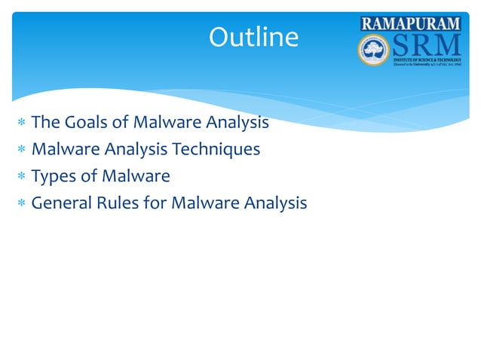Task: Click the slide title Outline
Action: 253,37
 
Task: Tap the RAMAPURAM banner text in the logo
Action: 410,23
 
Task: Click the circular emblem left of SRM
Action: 372,50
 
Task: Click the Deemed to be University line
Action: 425,66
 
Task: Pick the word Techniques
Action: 216,150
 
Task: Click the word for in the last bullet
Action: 155,203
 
